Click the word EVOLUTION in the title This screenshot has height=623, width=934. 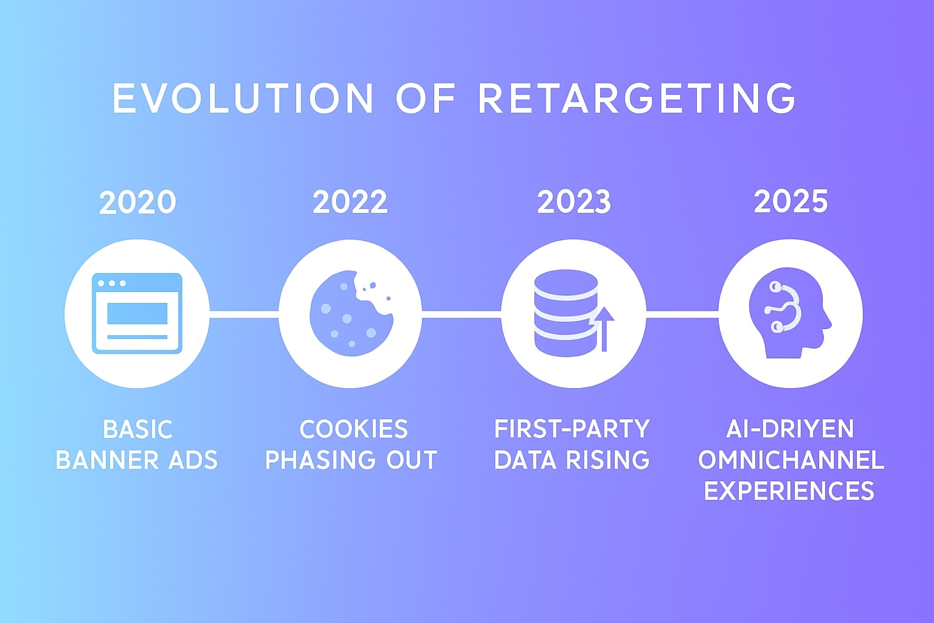coord(243,98)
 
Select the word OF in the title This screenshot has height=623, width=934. coord(426,98)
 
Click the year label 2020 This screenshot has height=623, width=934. coord(137,203)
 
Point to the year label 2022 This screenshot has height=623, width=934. coord(350,203)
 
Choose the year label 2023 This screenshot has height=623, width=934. coord(574,203)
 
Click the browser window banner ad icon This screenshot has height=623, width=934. coord(137,313)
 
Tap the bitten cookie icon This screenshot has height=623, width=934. coord(350,313)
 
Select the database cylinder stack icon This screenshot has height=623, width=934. coord(565,313)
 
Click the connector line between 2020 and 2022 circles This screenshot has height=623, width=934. coord(244,314)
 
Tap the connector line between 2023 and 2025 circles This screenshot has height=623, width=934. coord(682,314)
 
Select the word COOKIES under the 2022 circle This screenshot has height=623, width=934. coord(353,430)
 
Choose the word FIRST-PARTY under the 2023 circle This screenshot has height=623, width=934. coord(572,430)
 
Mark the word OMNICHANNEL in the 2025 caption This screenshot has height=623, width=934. coord(790,461)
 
